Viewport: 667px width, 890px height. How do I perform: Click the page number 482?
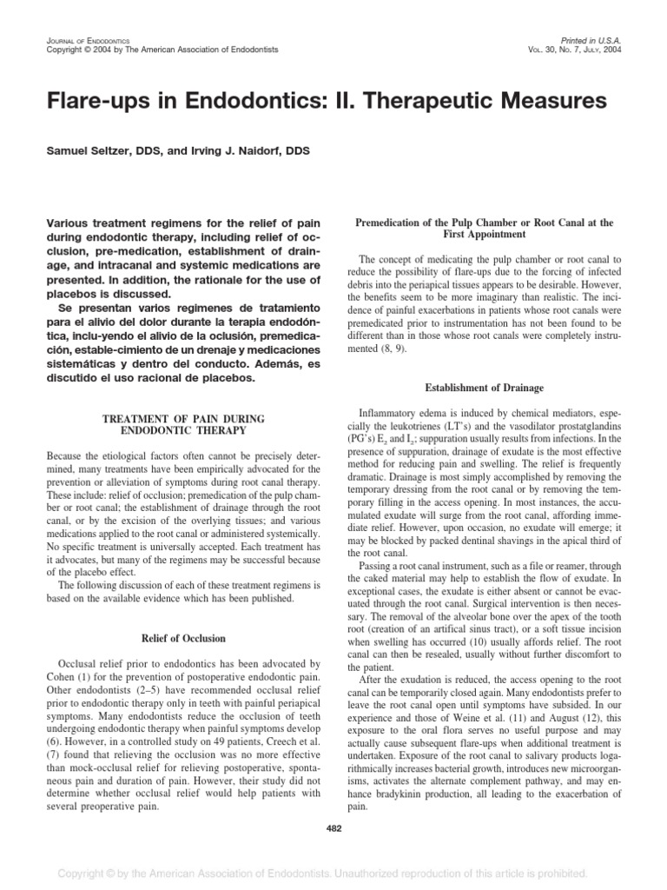(x=333, y=827)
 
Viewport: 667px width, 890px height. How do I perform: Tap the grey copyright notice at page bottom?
(x=333, y=872)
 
